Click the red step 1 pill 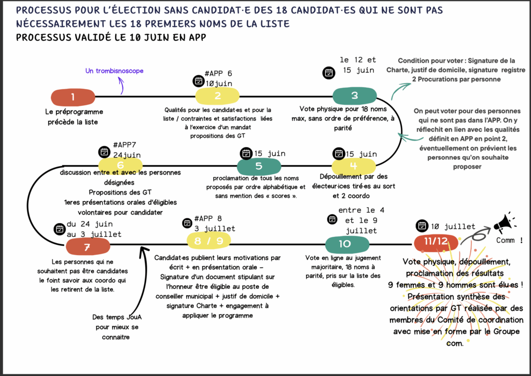coord(73,97)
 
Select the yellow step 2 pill coord(217,95)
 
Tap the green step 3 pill coord(354,95)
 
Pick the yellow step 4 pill coord(353,166)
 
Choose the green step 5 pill coord(259,166)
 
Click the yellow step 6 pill coord(120,165)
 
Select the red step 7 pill coord(87,247)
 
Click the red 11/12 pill coord(436,242)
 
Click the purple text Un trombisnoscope coord(115,71)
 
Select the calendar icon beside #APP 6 coord(198,81)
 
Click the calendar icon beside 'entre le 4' coord(331,219)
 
